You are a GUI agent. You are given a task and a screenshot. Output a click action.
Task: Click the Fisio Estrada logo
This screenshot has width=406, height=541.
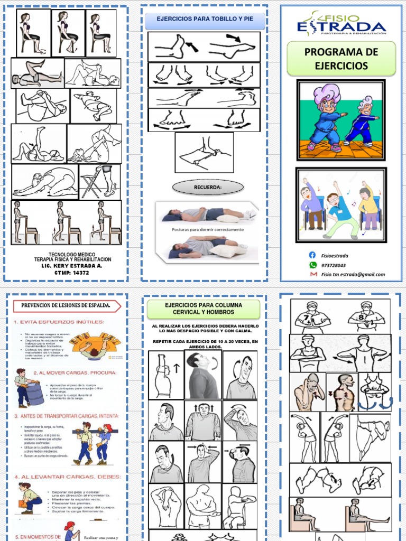pos(341,24)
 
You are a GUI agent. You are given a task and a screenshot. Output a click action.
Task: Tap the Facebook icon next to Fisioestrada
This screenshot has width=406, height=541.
pos(312,255)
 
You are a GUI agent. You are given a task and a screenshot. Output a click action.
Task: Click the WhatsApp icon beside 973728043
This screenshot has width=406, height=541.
pos(312,265)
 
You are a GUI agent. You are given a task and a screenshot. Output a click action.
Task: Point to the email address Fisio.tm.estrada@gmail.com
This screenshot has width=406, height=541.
pos(353,274)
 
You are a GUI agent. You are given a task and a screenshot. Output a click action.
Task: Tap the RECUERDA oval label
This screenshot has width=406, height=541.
pos(208,187)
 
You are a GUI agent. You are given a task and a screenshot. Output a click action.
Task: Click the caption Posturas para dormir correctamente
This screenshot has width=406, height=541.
pos(208,230)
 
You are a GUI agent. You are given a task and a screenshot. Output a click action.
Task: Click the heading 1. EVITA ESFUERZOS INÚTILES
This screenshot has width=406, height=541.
pos(59,322)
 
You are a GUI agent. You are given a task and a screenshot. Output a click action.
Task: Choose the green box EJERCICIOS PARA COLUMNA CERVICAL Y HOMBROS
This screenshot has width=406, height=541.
pos(204,309)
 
